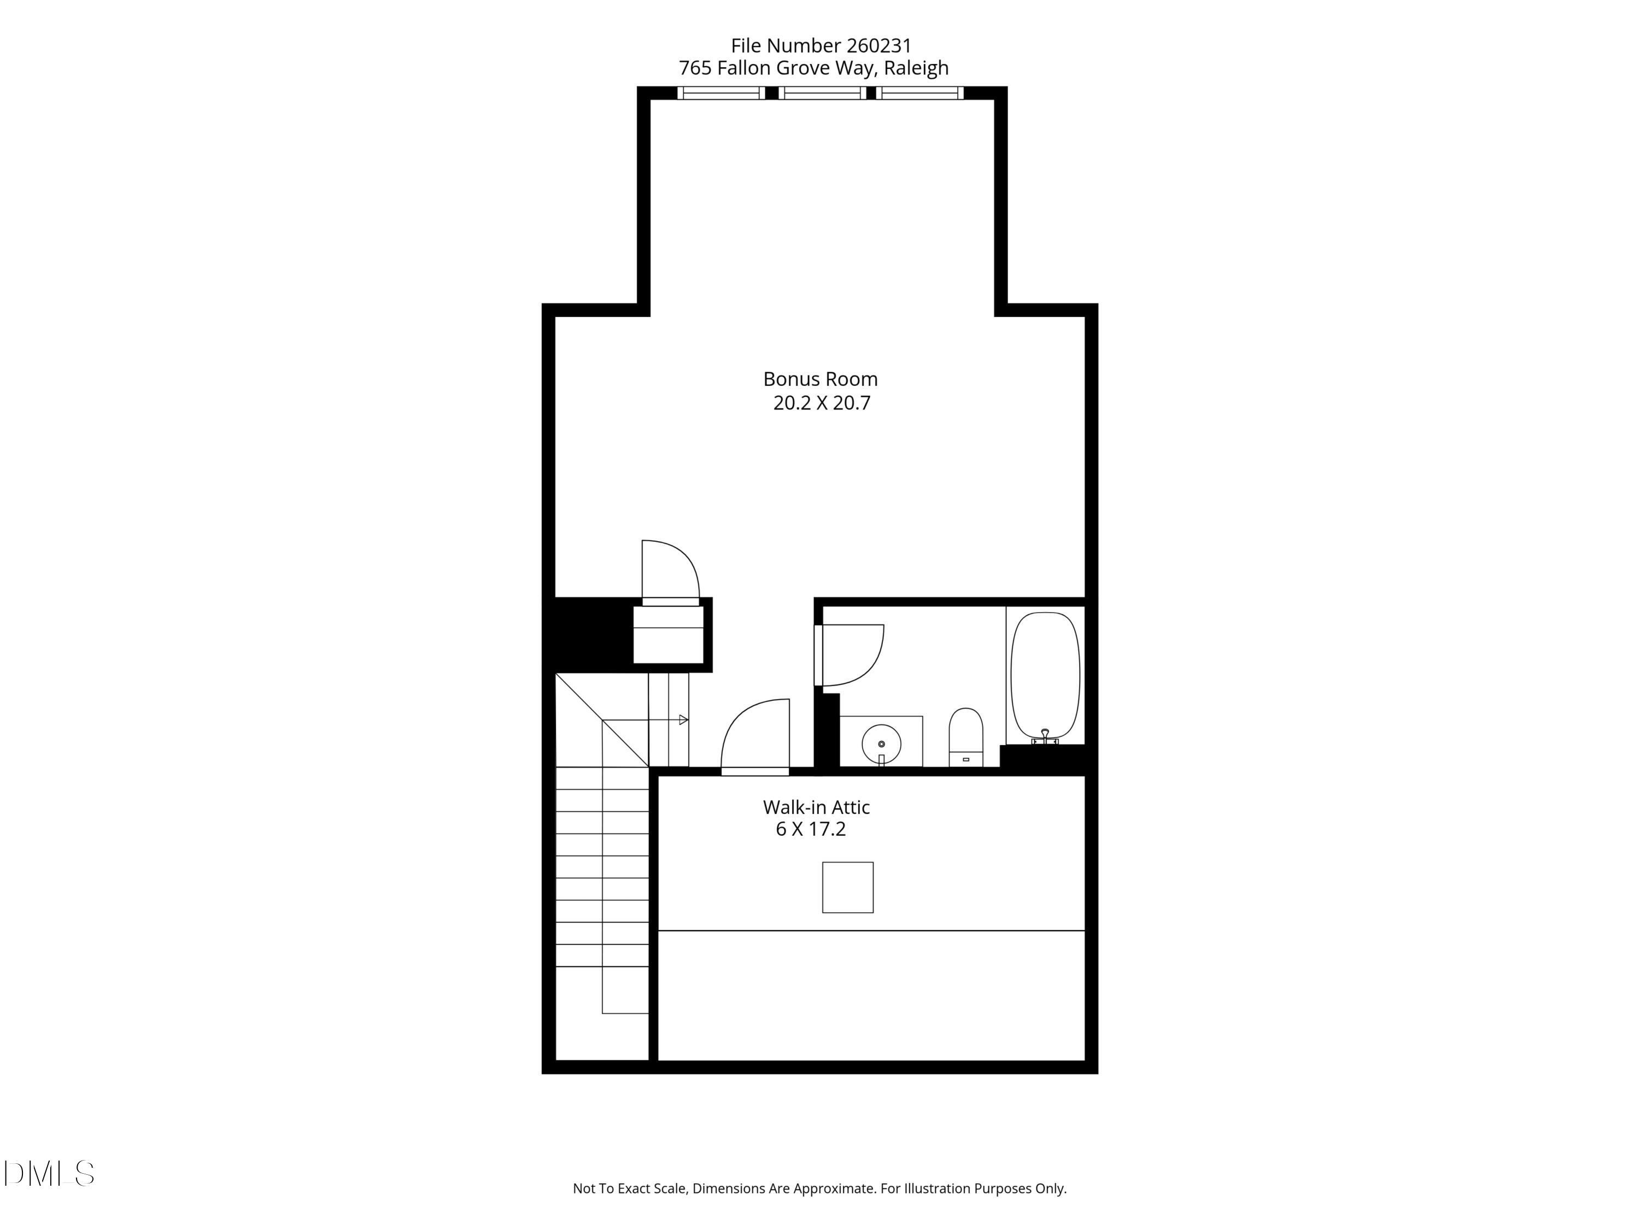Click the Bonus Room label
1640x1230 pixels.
tap(820, 379)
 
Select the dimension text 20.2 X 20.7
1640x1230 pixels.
tap(822, 403)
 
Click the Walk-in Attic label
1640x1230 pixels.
tap(816, 807)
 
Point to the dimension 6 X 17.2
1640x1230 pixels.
tap(810, 829)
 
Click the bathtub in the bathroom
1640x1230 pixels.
tap(1045, 675)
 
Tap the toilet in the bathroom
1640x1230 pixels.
tap(966, 736)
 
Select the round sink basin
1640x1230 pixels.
tap(882, 743)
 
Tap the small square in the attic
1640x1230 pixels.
tap(847, 887)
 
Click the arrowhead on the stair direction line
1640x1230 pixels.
tap(683, 720)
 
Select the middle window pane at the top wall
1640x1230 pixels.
tap(822, 93)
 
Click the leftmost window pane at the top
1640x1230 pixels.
tap(720, 93)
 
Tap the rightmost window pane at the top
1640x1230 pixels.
tap(919, 93)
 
